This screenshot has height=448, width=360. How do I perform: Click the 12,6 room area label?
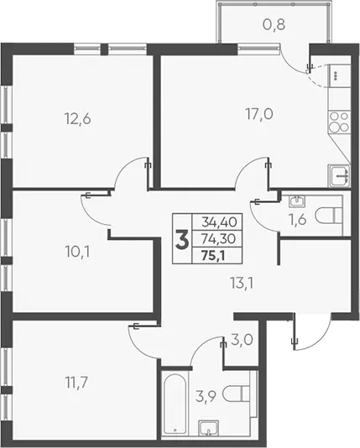(78, 118)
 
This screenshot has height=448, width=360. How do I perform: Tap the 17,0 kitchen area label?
(259, 114)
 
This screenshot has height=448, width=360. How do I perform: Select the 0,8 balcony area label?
(274, 25)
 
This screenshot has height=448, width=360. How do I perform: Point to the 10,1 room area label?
(77, 252)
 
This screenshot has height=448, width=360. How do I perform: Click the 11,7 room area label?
(77, 383)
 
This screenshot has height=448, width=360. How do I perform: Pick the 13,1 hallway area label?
(242, 284)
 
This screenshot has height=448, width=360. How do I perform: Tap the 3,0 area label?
(242, 340)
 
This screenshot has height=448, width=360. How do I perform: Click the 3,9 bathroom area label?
(206, 397)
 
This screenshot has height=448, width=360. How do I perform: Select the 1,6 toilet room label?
(297, 220)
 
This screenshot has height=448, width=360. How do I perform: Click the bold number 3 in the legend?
(182, 241)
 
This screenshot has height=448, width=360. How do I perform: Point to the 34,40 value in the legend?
(219, 221)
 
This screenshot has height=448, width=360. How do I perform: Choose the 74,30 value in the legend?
(218, 238)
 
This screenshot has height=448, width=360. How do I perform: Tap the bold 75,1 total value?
(213, 255)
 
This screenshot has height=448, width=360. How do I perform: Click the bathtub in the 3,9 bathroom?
(175, 404)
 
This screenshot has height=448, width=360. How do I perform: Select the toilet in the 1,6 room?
(329, 216)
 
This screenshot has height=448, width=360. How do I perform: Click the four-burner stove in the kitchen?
(339, 122)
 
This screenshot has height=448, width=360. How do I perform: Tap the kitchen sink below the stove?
(339, 175)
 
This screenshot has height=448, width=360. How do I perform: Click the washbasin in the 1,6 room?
(297, 201)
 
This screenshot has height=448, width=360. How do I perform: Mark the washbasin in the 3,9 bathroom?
(209, 429)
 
